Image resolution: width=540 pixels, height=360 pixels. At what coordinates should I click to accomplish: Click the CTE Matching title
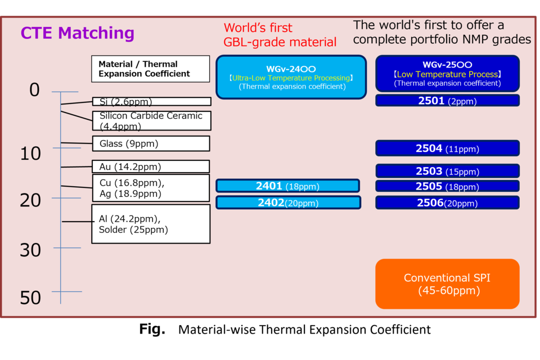[77, 33]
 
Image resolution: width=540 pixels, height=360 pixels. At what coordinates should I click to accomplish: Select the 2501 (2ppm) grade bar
[447, 101]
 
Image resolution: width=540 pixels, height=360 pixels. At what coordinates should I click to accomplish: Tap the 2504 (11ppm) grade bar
[447, 148]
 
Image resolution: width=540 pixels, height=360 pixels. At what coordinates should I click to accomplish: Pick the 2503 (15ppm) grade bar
[447, 171]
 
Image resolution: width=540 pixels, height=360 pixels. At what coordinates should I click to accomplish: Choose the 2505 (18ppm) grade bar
[447, 186]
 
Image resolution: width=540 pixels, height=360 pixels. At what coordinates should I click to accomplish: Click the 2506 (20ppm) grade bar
[447, 202]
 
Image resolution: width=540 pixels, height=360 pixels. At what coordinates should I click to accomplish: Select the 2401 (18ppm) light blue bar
[288, 186]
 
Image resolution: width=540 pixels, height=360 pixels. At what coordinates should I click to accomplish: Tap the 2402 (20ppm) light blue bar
[289, 202]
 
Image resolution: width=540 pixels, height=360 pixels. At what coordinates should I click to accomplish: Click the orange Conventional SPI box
[447, 284]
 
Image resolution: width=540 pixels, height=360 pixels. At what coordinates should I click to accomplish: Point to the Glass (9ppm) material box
[151, 143]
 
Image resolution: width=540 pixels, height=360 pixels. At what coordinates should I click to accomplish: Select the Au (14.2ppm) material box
[151, 166]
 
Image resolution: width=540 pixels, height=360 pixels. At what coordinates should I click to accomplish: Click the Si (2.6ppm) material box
[151, 101]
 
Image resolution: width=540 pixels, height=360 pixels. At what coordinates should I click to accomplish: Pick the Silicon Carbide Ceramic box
[151, 120]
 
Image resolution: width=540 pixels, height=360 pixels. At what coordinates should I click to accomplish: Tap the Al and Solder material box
[151, 224]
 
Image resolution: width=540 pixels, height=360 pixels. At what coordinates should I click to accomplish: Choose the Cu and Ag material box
[151, 188]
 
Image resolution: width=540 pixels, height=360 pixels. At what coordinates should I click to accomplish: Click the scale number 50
[30, 298]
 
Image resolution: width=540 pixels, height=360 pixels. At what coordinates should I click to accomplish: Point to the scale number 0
[34, 90]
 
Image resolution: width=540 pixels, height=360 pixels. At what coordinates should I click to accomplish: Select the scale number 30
[30, 250]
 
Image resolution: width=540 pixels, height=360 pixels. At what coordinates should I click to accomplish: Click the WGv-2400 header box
[291, 77]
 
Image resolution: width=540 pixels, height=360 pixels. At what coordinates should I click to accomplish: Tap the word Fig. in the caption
[152, 329]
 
